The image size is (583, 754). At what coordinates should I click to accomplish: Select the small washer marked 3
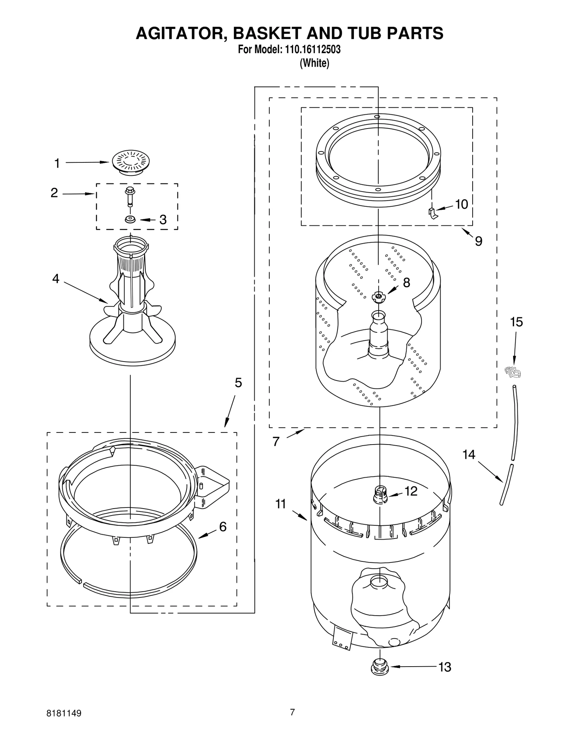(130, 220)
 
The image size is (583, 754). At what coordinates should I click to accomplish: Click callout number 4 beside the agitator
(56, 279)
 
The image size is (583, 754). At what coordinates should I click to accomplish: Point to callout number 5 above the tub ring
(238, 383)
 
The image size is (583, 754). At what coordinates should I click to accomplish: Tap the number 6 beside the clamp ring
(223, 526)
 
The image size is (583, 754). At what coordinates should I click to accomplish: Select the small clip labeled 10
(432, 213)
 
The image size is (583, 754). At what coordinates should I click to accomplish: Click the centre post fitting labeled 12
(380, 496)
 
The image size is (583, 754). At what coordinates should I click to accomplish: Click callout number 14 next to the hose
(469, 454)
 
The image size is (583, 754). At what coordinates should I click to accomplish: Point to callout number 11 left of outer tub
(281, 504)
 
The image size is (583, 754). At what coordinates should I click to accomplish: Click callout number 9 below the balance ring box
(478, 241)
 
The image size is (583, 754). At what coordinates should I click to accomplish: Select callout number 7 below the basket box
(276, 442)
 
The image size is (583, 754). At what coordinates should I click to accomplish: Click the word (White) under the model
(314, 63)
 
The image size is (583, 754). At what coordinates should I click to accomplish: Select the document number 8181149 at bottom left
(64, 712)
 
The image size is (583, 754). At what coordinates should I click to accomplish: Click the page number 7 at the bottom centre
(292, 712)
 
